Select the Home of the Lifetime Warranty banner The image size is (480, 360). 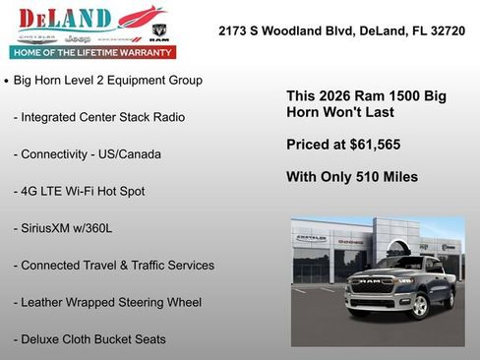(91, 51)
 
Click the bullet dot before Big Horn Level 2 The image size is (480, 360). (7, 81)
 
